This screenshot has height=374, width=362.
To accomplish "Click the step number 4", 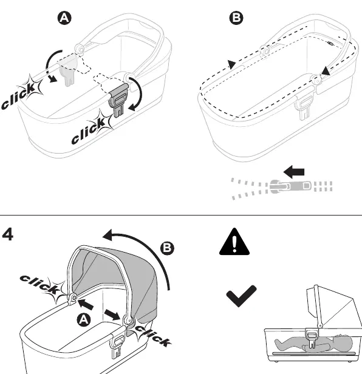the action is pos(7,234).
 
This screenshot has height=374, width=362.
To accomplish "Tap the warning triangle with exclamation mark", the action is pos(234,242).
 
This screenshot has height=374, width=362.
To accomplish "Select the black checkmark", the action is pos(241,296).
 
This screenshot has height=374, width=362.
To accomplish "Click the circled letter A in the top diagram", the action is pos(64,18).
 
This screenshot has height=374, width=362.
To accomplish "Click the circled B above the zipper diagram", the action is pos(236,18).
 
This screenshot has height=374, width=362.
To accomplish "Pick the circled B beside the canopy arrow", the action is pos(167,248).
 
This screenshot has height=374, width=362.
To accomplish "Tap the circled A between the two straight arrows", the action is pos(84,319).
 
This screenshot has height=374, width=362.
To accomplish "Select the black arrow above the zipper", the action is pos(294,172).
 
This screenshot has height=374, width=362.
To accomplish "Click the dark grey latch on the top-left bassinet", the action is pos(118,100).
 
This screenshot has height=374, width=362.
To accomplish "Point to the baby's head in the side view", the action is pos(343,344).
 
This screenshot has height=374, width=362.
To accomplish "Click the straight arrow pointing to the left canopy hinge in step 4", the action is pos(85,304).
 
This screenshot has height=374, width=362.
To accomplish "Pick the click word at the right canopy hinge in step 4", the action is pos(153,335).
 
